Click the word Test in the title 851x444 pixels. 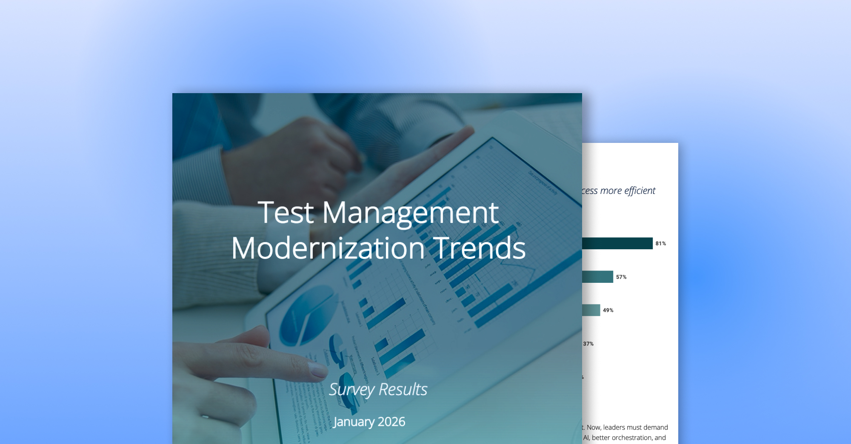(x=286, y=212)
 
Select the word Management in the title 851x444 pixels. (x=410, y=213)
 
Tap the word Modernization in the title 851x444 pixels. (x=328, y=248)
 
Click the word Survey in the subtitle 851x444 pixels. (x=351, y=390)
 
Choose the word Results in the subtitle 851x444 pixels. (x=403, y=390)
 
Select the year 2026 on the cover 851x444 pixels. (x=391, y=422)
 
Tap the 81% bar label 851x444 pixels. (x=660, y=244)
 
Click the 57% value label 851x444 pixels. (x=621, y=277)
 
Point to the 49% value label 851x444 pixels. (x=608, y=310)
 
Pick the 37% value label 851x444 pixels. (x=588, y=344)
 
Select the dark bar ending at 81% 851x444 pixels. (x=617, y=243)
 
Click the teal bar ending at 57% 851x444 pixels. (x=597, y=277)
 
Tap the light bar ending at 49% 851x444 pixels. (x=591, y=310)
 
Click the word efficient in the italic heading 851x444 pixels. (x=640, y=191)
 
